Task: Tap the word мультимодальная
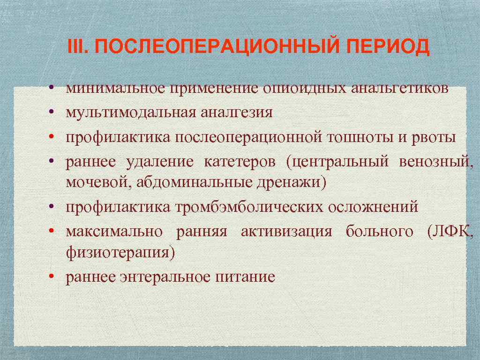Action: click(x=130, y=112)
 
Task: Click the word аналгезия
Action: click(x=236, y=112)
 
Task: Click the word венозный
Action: click(x=436, y=162)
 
